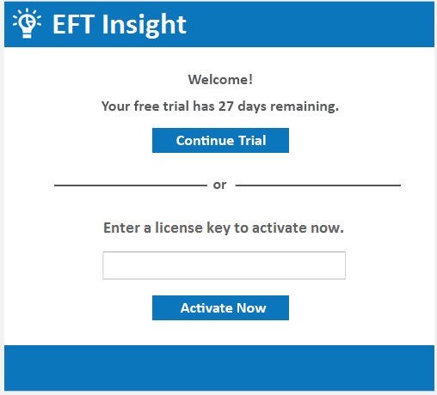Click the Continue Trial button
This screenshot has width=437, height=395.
[220, 141]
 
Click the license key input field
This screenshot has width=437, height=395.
[224, 265]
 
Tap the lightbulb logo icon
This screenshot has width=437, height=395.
[27, 23]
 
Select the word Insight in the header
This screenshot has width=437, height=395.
[144, 24]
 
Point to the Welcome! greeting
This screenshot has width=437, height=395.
[220, 80]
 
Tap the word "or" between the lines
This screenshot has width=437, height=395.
[220, 185]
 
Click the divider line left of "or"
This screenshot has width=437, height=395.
[129, 185]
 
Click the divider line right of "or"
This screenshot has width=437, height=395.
[317, 185]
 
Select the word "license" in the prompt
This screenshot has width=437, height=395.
[180, 228]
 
